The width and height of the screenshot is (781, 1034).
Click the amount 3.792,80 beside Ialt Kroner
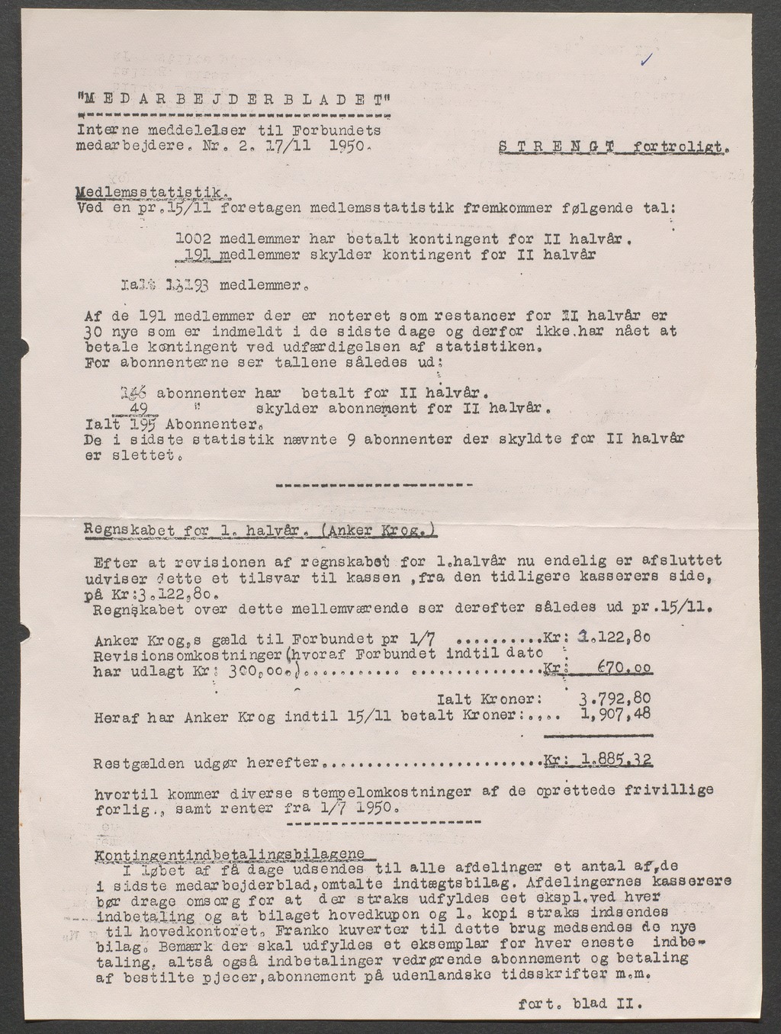(615, 698)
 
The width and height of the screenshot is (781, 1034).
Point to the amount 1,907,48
(615, 716)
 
